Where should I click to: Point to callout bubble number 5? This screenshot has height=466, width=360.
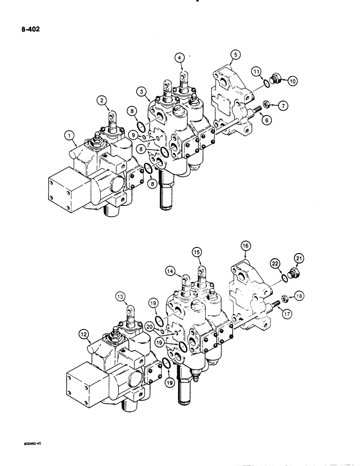[x=235, y=55]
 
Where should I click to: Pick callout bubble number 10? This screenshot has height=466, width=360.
[x=292, y=81]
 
